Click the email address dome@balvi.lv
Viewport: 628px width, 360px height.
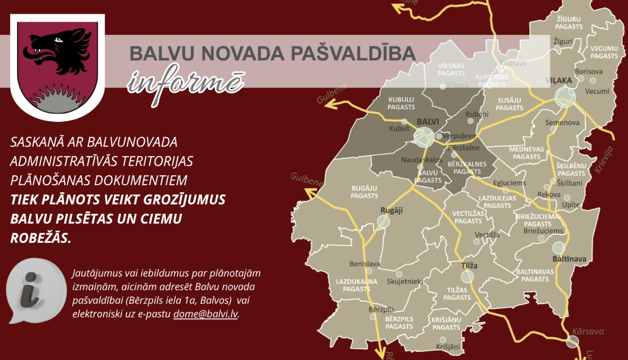[206, 314]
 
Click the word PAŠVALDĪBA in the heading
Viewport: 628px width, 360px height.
[353, 54]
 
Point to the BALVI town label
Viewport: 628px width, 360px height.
[427, 122]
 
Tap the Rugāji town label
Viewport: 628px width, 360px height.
[391, 210]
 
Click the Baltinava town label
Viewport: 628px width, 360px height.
[569, 259]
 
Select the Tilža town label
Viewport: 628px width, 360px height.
[469, 265]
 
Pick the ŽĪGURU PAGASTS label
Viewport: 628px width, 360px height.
[569, 23]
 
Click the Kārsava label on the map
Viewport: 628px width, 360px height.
[588, 332]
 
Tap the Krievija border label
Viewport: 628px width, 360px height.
[604, 160]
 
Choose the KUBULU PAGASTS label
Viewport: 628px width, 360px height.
[401, 103]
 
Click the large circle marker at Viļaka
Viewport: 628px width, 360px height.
[565, 97]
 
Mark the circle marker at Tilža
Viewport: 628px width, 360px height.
[467, 276]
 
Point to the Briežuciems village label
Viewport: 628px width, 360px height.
[543, 231]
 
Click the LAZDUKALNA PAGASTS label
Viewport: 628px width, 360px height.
[357, 285]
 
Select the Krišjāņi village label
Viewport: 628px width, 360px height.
[448, 347]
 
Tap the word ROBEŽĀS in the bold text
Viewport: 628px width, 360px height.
[41, 238]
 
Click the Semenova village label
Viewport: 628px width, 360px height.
[562, 123]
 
